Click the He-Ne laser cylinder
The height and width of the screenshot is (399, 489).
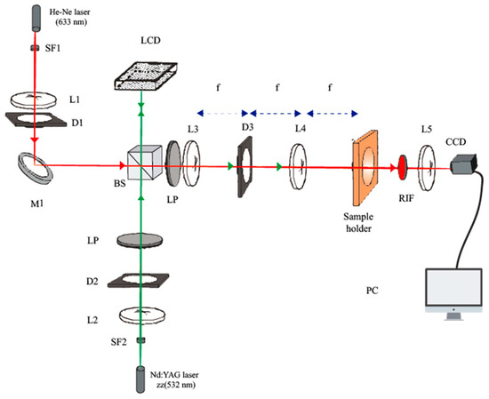pos(36,18)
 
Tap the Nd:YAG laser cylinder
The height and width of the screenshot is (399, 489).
pos(140,379)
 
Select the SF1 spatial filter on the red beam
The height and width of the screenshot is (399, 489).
pos(35,48)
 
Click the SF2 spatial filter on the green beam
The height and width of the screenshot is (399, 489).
pos(141,340)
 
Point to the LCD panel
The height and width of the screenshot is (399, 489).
pos(146,76)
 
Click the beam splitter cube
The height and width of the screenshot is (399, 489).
pos(145,162)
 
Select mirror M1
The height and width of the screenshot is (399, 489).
pos(35,167)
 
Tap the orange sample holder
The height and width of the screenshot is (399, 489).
pos(365,168)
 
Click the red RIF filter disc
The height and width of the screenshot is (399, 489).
pos(402,167)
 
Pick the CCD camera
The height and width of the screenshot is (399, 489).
pos(463,164)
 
